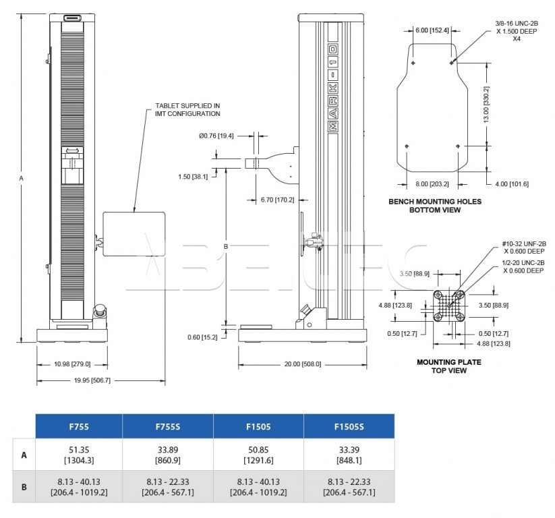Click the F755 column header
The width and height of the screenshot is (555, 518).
(79, 426)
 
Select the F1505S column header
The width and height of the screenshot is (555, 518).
(349, 426)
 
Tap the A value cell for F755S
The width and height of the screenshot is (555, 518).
(168, 455)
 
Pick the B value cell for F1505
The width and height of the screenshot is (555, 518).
(258, 486)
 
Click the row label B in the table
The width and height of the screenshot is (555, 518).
(24, 487)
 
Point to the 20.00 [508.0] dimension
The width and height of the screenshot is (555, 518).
(303, 364)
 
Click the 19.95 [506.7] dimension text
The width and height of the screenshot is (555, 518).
(92, 380)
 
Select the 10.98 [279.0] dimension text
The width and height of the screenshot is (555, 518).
(72, 364)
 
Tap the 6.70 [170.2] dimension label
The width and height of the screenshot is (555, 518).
(278, 200)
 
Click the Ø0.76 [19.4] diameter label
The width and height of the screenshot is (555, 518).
(216, 136)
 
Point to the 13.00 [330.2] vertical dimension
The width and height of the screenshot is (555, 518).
(486, 105)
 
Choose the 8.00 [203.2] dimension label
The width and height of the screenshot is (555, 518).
(432, 184)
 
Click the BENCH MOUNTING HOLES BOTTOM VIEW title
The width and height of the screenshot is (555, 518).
(435, 206)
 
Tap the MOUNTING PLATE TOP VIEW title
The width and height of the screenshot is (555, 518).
(449, 366)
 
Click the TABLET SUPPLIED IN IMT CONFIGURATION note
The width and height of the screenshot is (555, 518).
(187, 110)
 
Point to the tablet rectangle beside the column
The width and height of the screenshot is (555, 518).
(134, 234)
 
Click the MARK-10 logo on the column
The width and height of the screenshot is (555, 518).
(333, 88)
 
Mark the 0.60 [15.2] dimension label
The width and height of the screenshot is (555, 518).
(202, 337)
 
